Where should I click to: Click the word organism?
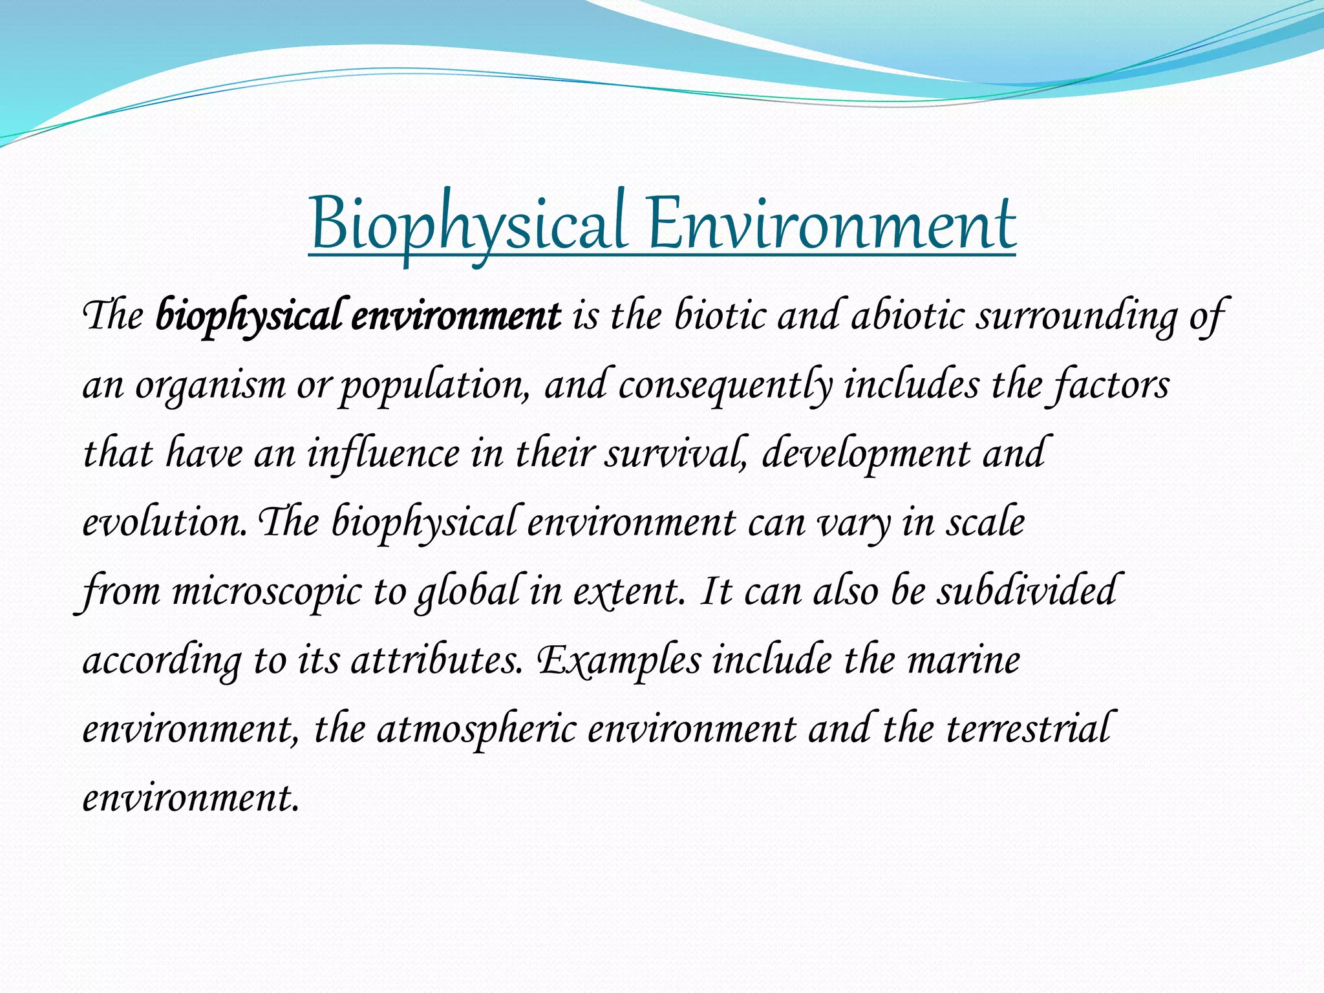[x=210, y=386]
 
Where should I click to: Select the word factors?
[x=1111, y=386]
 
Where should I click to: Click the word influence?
[x=383, y=454]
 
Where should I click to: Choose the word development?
[x=866, y=454]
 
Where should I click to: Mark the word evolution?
[x=164, y=523]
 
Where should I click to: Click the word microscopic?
[x=266, y=592]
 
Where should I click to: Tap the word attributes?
[x=436, y=661]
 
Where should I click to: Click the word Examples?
[x=619, y=661]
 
